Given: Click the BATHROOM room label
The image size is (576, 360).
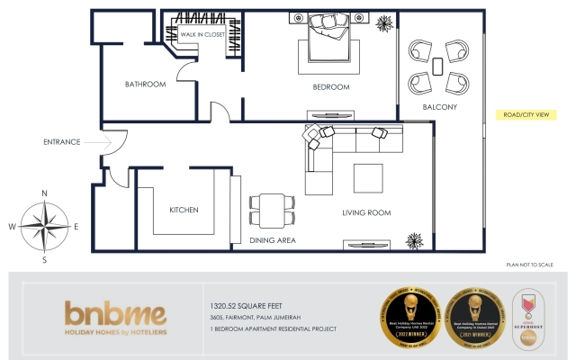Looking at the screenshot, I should pos(145,85).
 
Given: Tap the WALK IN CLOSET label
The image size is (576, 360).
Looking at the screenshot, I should pos(202,34).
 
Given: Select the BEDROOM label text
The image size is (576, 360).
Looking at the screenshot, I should pos(330,86).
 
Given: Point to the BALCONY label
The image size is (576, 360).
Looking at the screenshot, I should pos(440,108).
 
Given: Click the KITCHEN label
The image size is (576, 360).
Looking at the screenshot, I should pos(184,210).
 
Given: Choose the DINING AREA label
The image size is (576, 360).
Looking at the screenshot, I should pos(273,240).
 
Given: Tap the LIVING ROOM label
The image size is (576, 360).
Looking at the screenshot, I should pos(365,212).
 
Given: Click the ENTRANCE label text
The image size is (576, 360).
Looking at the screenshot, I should pos(62,141).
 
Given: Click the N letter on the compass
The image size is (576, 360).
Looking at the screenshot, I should pos(44,193).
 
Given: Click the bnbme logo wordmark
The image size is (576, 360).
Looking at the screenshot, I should pos(115,314).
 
